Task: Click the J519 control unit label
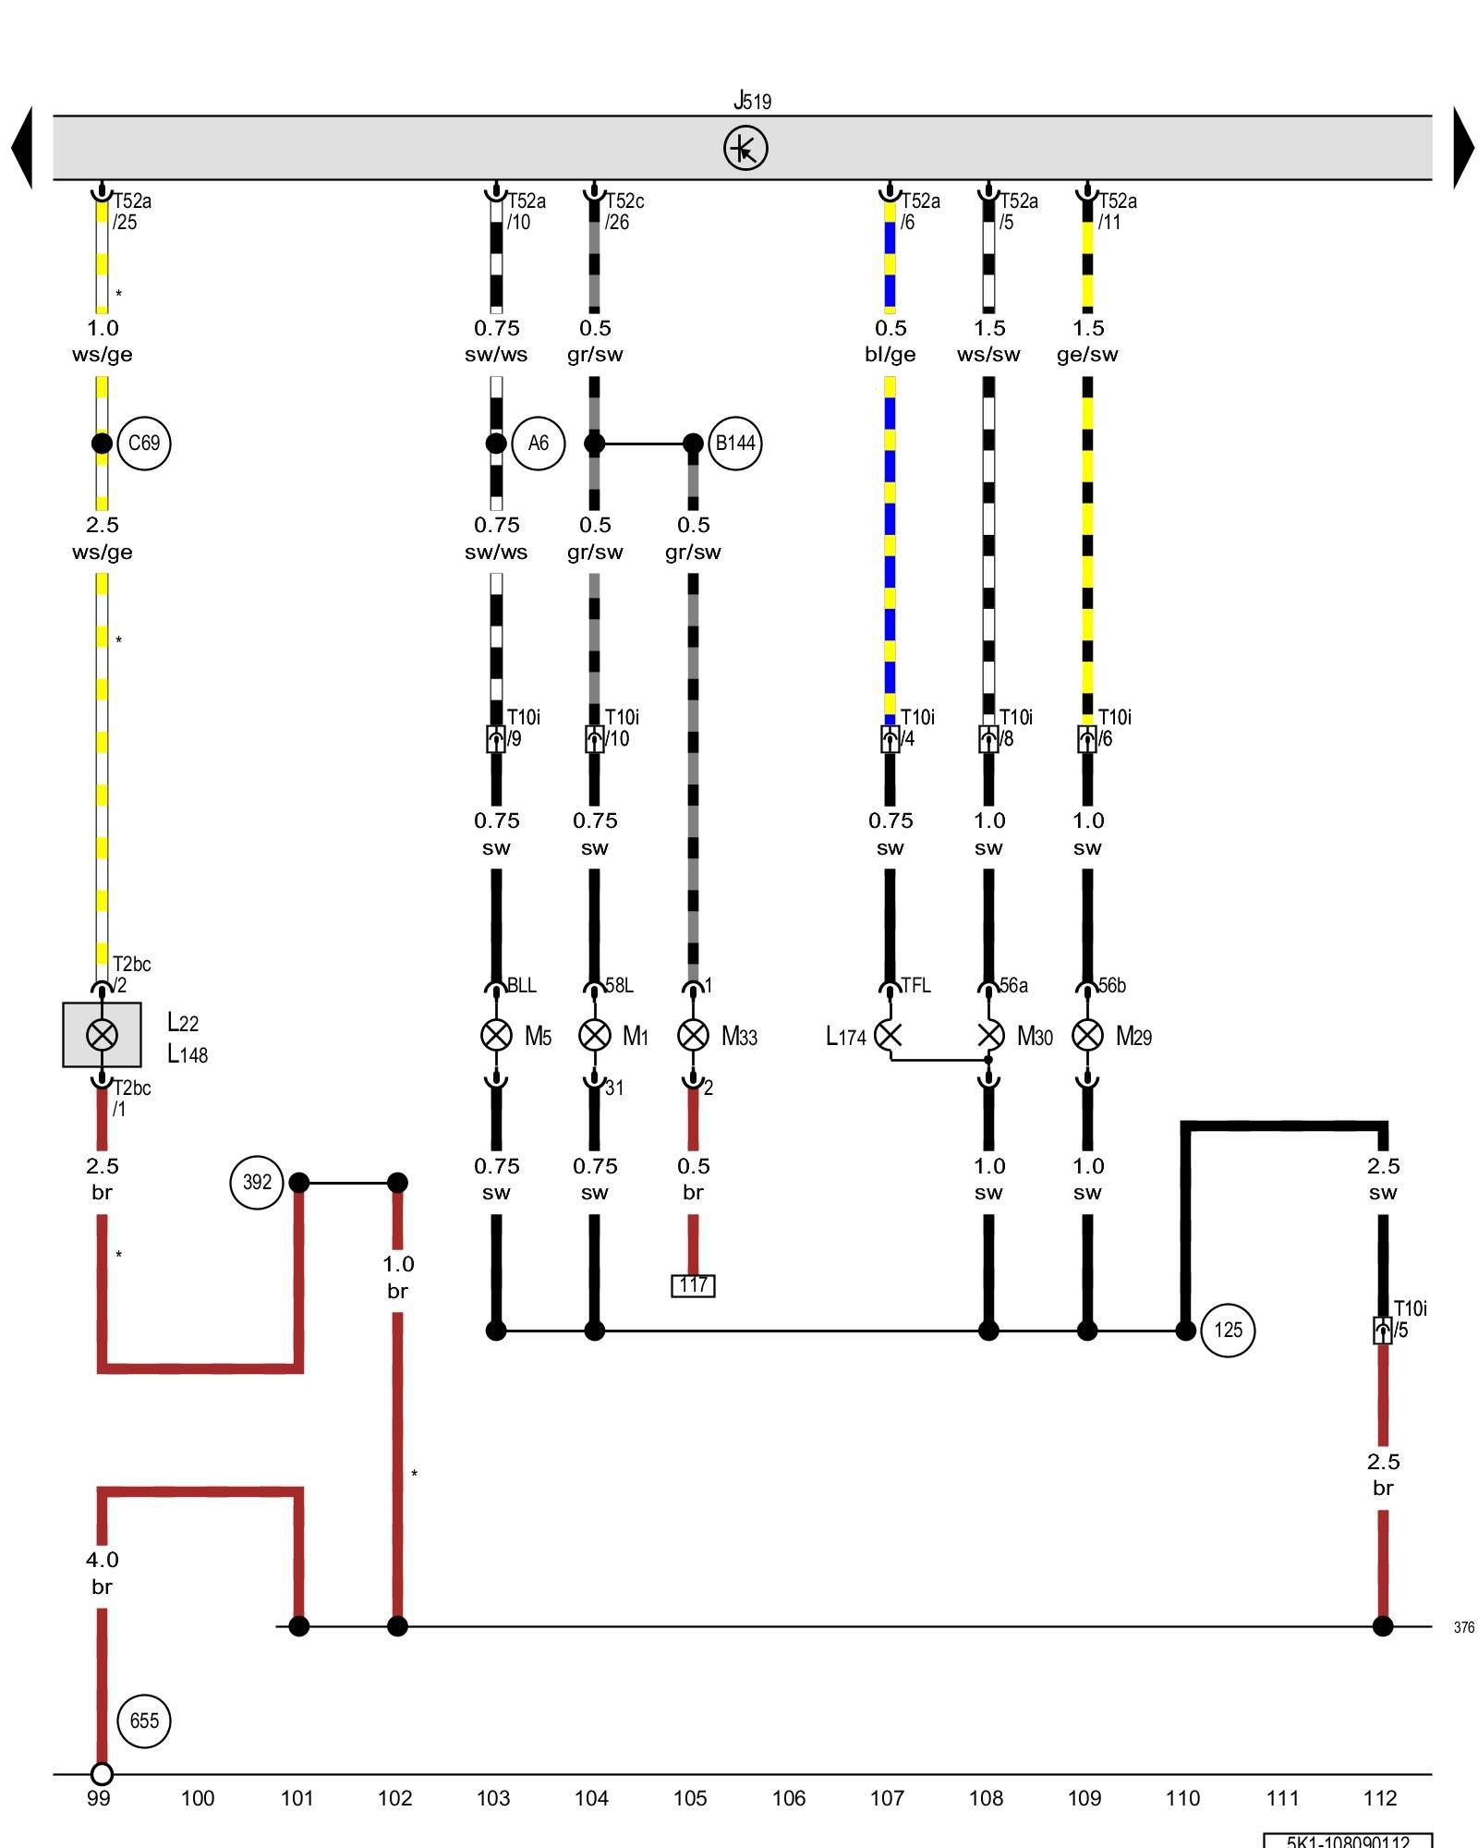click(x=752, y=100)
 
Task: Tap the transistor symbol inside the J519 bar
click(x=745, y=148)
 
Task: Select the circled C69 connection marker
click(x=144, y=444)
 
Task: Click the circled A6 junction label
click(x=538, y=444)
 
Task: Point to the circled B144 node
click(x=735, y=444)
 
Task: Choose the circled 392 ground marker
click(x=257, y=1182)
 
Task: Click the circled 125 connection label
click(x=1228, y=1331)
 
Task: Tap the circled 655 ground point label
click(x=144, y=1720)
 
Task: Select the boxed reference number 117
click(x=693, y=1285)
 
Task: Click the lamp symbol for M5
click(x=496, y=1035)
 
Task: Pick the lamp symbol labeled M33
click(x=693, y=1035)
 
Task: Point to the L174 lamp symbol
click(x=889, y=1035)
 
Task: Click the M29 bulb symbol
click(x=1087, y=1035)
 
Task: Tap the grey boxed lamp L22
click(x=102, y=1035)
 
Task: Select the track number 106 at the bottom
click(x=788, y=1798)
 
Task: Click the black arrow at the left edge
click(x=22, y=148)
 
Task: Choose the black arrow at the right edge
click(x=1463, y=148)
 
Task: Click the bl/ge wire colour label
click(x=890, y=355)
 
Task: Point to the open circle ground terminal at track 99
click(x=102, y=1774)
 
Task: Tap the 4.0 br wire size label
click(x=102, y=1573)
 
